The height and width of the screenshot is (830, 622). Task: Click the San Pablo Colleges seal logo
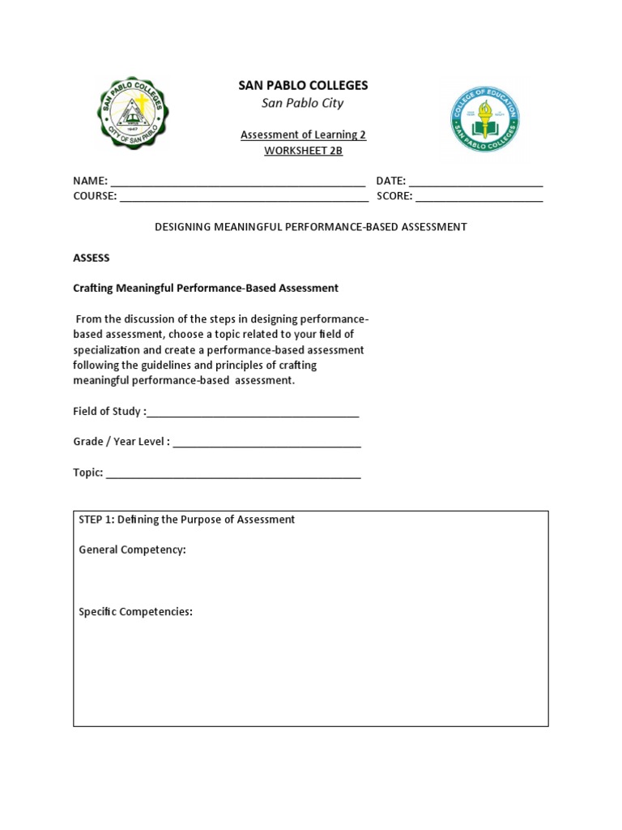(133, 114)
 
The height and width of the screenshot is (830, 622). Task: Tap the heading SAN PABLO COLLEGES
(302, 85)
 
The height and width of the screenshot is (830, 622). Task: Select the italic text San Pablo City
(302, 103)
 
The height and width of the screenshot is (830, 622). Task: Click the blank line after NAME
(237, 182)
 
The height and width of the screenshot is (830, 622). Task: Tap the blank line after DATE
(475, 182)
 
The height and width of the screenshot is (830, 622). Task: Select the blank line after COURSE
(243, 196)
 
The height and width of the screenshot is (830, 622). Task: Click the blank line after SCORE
(479, 196)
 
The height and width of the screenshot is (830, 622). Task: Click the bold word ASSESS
(91, 258)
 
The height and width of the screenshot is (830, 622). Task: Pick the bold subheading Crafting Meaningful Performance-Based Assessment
(206, 288)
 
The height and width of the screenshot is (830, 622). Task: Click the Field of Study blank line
(253, 412)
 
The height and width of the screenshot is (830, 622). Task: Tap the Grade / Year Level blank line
(266, 443)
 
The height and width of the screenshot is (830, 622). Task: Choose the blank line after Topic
(233, 473)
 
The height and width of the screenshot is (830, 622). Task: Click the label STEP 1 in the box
(96, 520)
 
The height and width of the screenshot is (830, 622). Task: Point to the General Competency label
(132, 550)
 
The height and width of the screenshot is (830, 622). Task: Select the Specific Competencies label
(135, 612)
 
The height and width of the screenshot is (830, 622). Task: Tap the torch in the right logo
(485, 113)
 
